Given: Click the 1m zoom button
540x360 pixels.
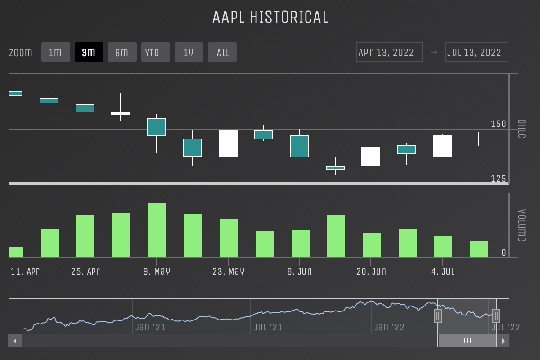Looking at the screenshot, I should pos(55,52).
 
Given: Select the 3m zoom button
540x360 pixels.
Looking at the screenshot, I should pos(89,52).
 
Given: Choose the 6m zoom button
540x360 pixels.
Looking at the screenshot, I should pos(122,52).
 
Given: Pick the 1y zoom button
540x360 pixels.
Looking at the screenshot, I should pos(189,52).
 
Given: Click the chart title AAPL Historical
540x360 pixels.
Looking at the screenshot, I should pos(270,17).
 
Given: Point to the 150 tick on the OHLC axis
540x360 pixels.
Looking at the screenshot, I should pos(498,124).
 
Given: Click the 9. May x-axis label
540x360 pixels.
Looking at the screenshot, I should pos(157,271).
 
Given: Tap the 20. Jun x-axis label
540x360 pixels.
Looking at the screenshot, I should pos(371,271).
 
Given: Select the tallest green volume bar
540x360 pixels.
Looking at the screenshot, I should pos(157,230).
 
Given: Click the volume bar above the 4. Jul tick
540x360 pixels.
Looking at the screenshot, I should pos(443,247).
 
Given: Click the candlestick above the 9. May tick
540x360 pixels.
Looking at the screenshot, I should pos(156,127).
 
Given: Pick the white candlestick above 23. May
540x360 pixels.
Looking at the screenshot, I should pos(228,143).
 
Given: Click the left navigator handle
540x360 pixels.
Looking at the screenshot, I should pos(438,316).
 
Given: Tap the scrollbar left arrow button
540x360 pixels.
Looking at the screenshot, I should pos(15,341).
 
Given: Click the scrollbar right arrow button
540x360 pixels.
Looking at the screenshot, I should pos(503,341).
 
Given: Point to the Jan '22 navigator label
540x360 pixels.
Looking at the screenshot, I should pos(389,327).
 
